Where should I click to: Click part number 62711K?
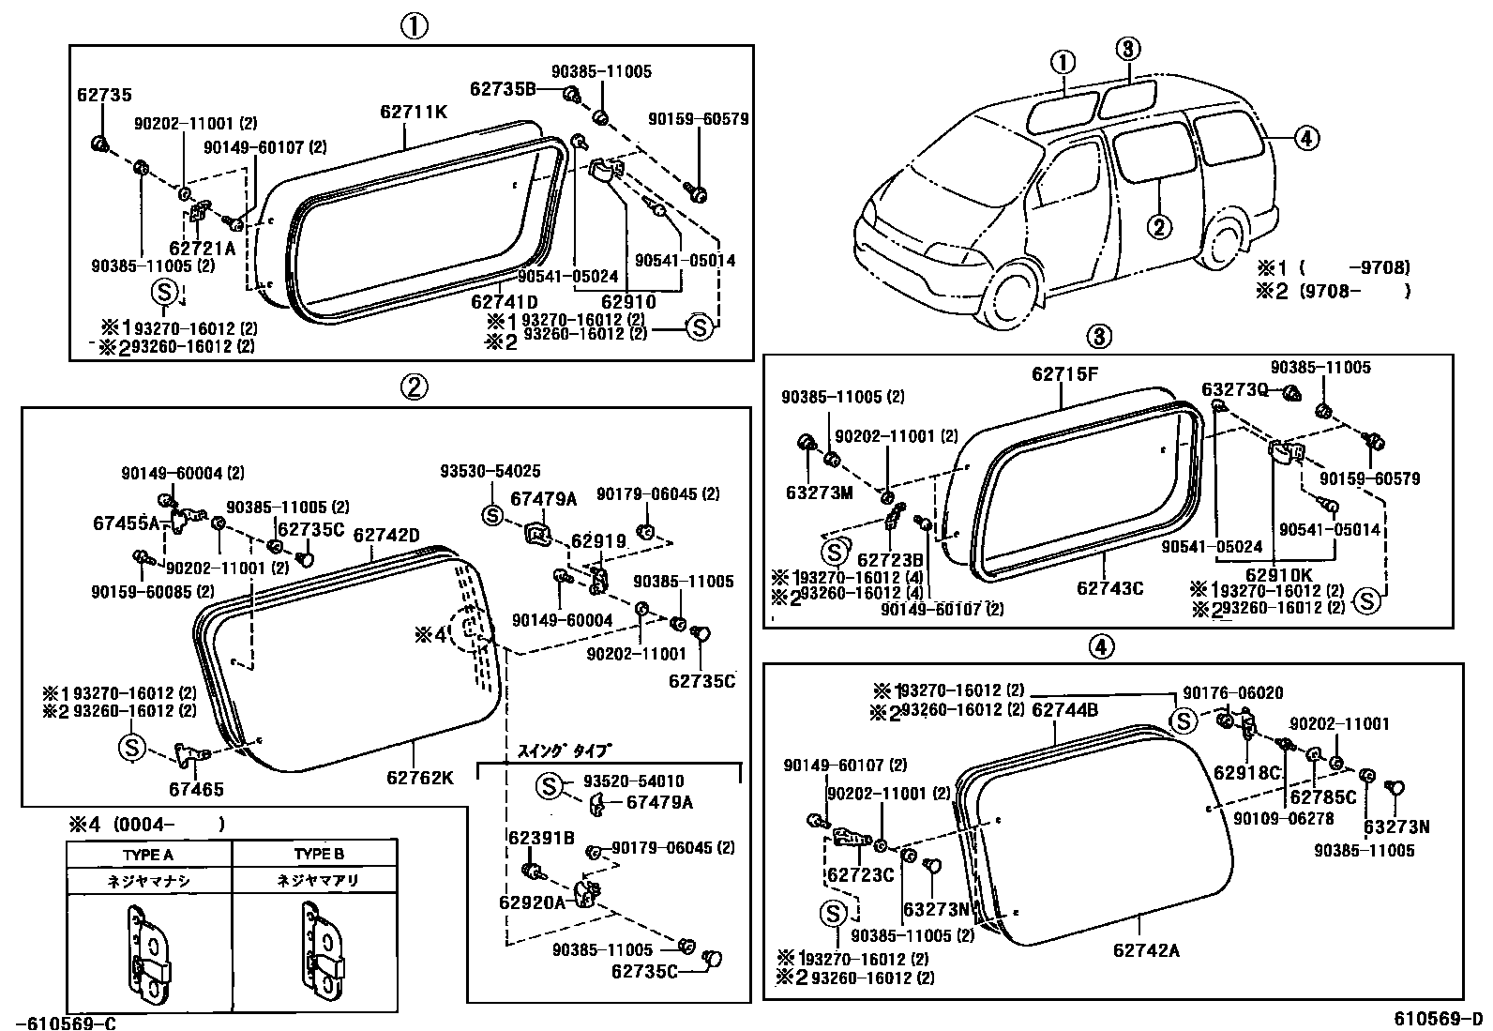point(414,112)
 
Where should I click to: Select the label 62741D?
point(504,301)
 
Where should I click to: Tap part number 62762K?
point(419,778)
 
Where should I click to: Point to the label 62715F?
point(1064,373)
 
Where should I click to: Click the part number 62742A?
point(1146,950)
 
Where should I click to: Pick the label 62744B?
point(1064,710)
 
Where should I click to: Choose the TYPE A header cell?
point(148,855)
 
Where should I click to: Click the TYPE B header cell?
point(318,855)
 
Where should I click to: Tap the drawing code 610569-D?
point(1438,1019)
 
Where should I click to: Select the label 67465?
point(197,790)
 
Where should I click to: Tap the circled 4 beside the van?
point(1306,139)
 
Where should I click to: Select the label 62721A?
point(202,248)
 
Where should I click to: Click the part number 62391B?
point(541,838)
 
